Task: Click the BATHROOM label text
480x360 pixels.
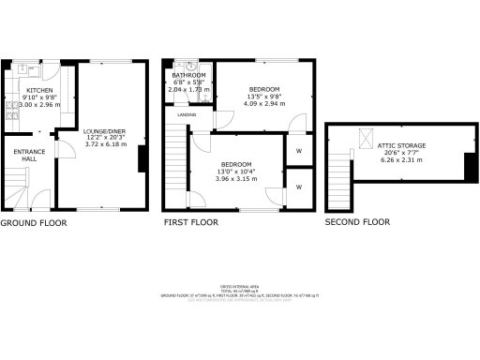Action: [x=188, y=73]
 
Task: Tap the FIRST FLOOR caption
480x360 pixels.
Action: [x=191, y=223]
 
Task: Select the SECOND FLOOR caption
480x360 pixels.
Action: [x=357, y=223]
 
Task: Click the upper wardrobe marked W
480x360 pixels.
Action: [x=298, y=150]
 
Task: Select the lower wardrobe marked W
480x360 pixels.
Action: [x=298, y=187]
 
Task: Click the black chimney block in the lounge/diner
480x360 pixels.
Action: [x=142, y=160]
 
